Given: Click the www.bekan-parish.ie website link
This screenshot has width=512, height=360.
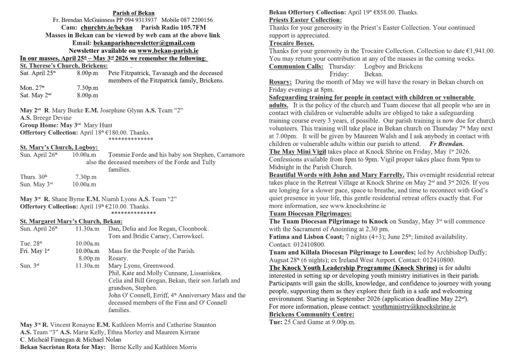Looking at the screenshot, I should [167, 50].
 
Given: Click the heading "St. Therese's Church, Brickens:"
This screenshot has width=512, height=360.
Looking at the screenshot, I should [64, 65].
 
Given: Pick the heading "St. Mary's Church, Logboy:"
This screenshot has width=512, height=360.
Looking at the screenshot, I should [59, 147].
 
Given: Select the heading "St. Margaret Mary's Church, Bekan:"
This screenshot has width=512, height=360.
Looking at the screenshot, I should [71, 221].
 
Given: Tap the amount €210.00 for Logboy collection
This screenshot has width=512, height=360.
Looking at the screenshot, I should [114, 206].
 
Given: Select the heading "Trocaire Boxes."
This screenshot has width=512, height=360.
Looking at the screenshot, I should [291, 43].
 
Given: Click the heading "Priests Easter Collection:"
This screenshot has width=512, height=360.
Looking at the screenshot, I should [305, 20].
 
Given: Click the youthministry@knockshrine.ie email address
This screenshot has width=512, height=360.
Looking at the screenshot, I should [414, 306].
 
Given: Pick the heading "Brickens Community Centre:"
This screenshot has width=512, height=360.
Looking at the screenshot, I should [311, 314].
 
